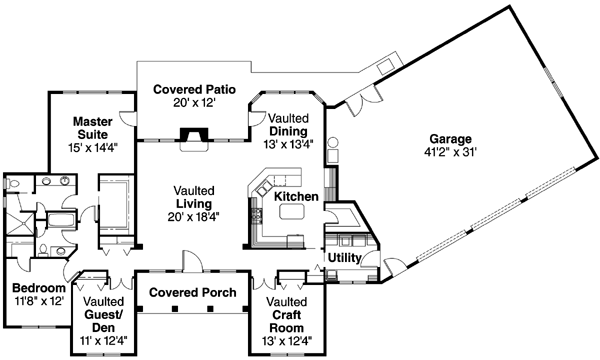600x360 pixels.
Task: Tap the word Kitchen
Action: tap(296, 196)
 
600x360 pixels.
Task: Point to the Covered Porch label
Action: tap(193, 292)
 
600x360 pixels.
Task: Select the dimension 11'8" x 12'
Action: tap(37, 300)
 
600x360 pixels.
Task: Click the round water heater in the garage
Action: tap(334, 142)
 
